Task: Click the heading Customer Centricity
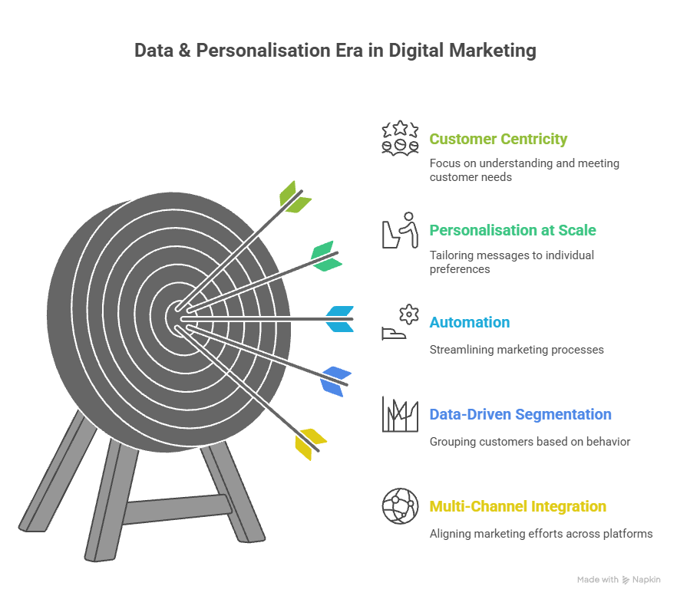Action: point(498,139)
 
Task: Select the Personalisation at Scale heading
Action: point(513,230)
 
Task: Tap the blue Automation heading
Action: point(469,322)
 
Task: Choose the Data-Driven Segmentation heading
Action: point(520,414)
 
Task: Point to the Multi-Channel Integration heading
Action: point(517,506)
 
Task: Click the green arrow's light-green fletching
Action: point(296,197)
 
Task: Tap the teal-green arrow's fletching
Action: point(327,256)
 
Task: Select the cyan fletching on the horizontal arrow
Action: point(340,319)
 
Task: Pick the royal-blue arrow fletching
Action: point(335,381)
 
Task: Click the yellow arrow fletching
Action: point(310,444)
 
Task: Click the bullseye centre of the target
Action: point(177,318)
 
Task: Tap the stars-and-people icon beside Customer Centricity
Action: point(400,137)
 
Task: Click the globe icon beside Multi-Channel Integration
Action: point(400,505)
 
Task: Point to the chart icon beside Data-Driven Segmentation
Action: point(400,414)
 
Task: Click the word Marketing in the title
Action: point(493,51)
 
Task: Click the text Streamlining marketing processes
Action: point(517,350)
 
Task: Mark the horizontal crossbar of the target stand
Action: point(177,509)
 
